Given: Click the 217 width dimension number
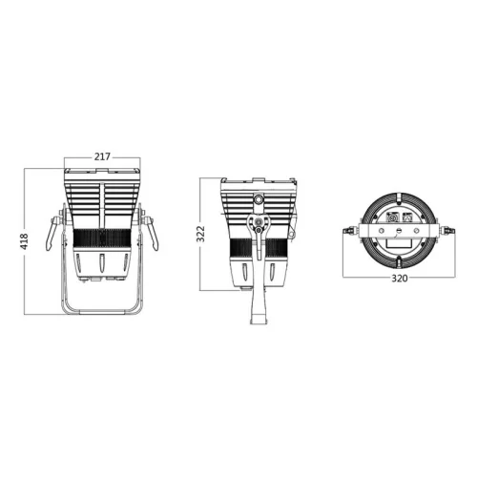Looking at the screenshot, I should pyautogui.click(x=103, y=156).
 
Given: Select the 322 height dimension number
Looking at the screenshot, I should pyautogui.click(x=201, y=234).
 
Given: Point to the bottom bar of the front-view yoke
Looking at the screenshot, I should pyautogui.click(x=103, y=312).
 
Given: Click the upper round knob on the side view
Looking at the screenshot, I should pyautogui.click(x=259, y=200).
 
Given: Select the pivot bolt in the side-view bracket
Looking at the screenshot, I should pyautogui.click(x=258, y=227).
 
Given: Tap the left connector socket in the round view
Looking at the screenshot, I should pyautogui.click(x=391, y=218).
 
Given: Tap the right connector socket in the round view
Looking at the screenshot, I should pyautogui.click(x=410, y=218).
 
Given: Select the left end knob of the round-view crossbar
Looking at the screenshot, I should pyautogui.click(x=350, y=230).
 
